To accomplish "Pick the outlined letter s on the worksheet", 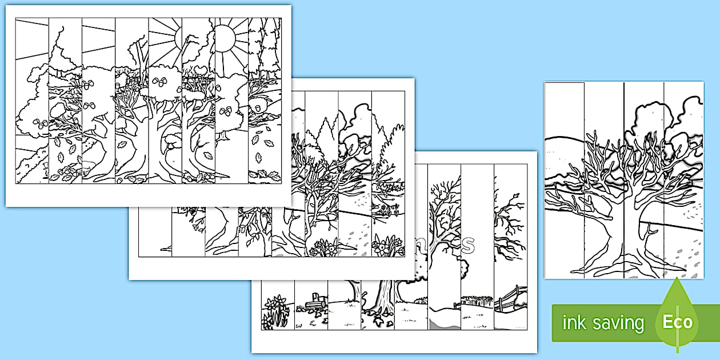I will (467, 245).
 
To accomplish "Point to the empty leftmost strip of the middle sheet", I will (154, 240).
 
